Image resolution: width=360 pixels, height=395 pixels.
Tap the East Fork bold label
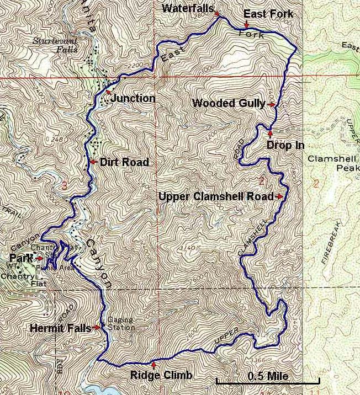(x=268, y=14)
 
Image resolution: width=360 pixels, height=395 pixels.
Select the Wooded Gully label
(x=229, y=103)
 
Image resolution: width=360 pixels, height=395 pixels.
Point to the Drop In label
(x=285, y=145)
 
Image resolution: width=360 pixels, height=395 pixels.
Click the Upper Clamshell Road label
(x=216, y=196)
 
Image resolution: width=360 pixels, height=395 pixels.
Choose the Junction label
(x=133, y=98)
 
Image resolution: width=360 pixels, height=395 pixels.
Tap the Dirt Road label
(x=124, y=162)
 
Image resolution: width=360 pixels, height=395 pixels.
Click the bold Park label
(x=20, y=258)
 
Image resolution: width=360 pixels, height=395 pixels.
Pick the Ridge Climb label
(x=161, y=376)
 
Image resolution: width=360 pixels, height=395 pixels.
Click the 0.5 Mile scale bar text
(x=268, y=376)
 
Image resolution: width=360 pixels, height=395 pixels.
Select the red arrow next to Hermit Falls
(x=97, y=327)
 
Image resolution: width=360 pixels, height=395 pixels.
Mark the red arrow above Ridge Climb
(x=153, y=365)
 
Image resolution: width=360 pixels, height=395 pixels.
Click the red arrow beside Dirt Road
(x=93, y=162)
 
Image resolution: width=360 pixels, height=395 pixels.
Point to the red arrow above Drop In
(x=270, y=132)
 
